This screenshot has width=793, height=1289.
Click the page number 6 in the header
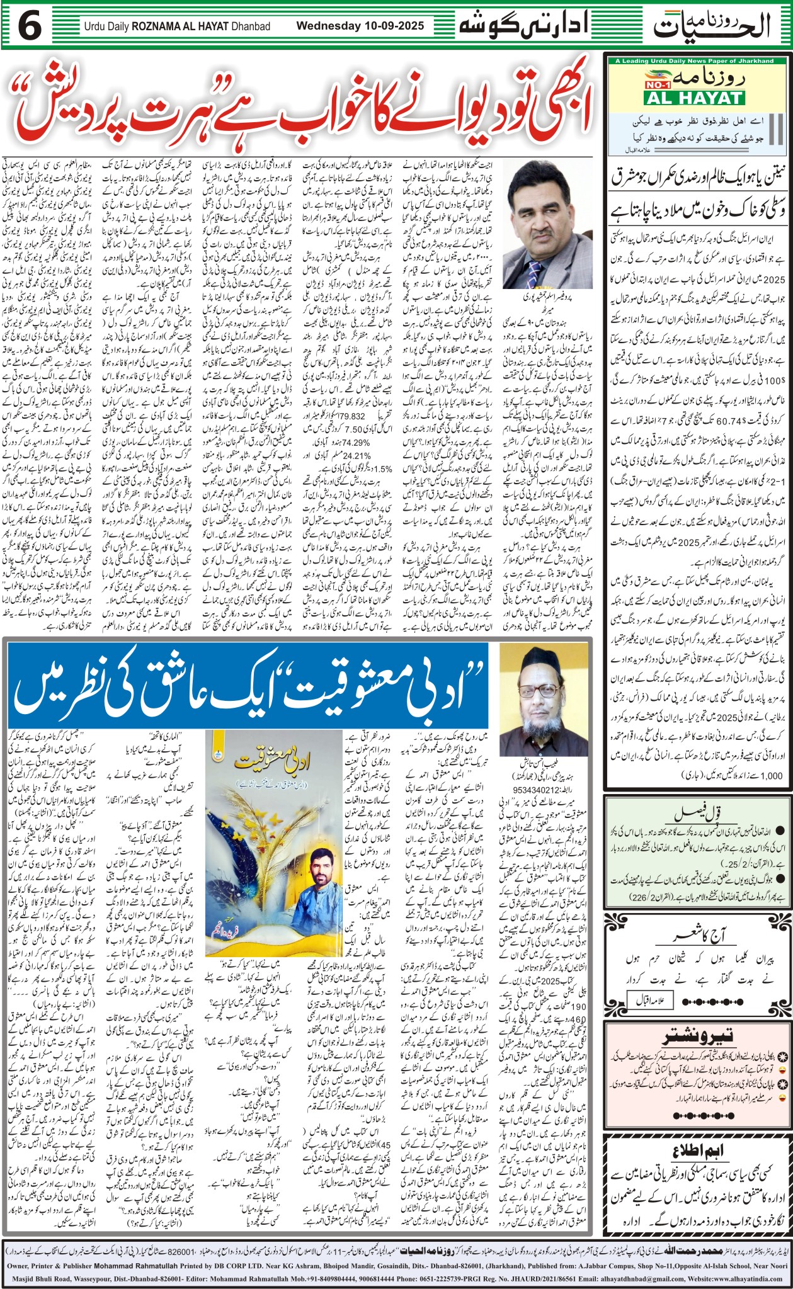pyautogui.click(x=30, y=26)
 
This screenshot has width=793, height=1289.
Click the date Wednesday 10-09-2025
pyautogui.click(x=360, y=26)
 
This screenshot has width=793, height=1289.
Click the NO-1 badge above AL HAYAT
pyautogui.click(x=663, y=83)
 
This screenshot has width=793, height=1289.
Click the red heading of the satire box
pyautogui.click(x=695, y=1038)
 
